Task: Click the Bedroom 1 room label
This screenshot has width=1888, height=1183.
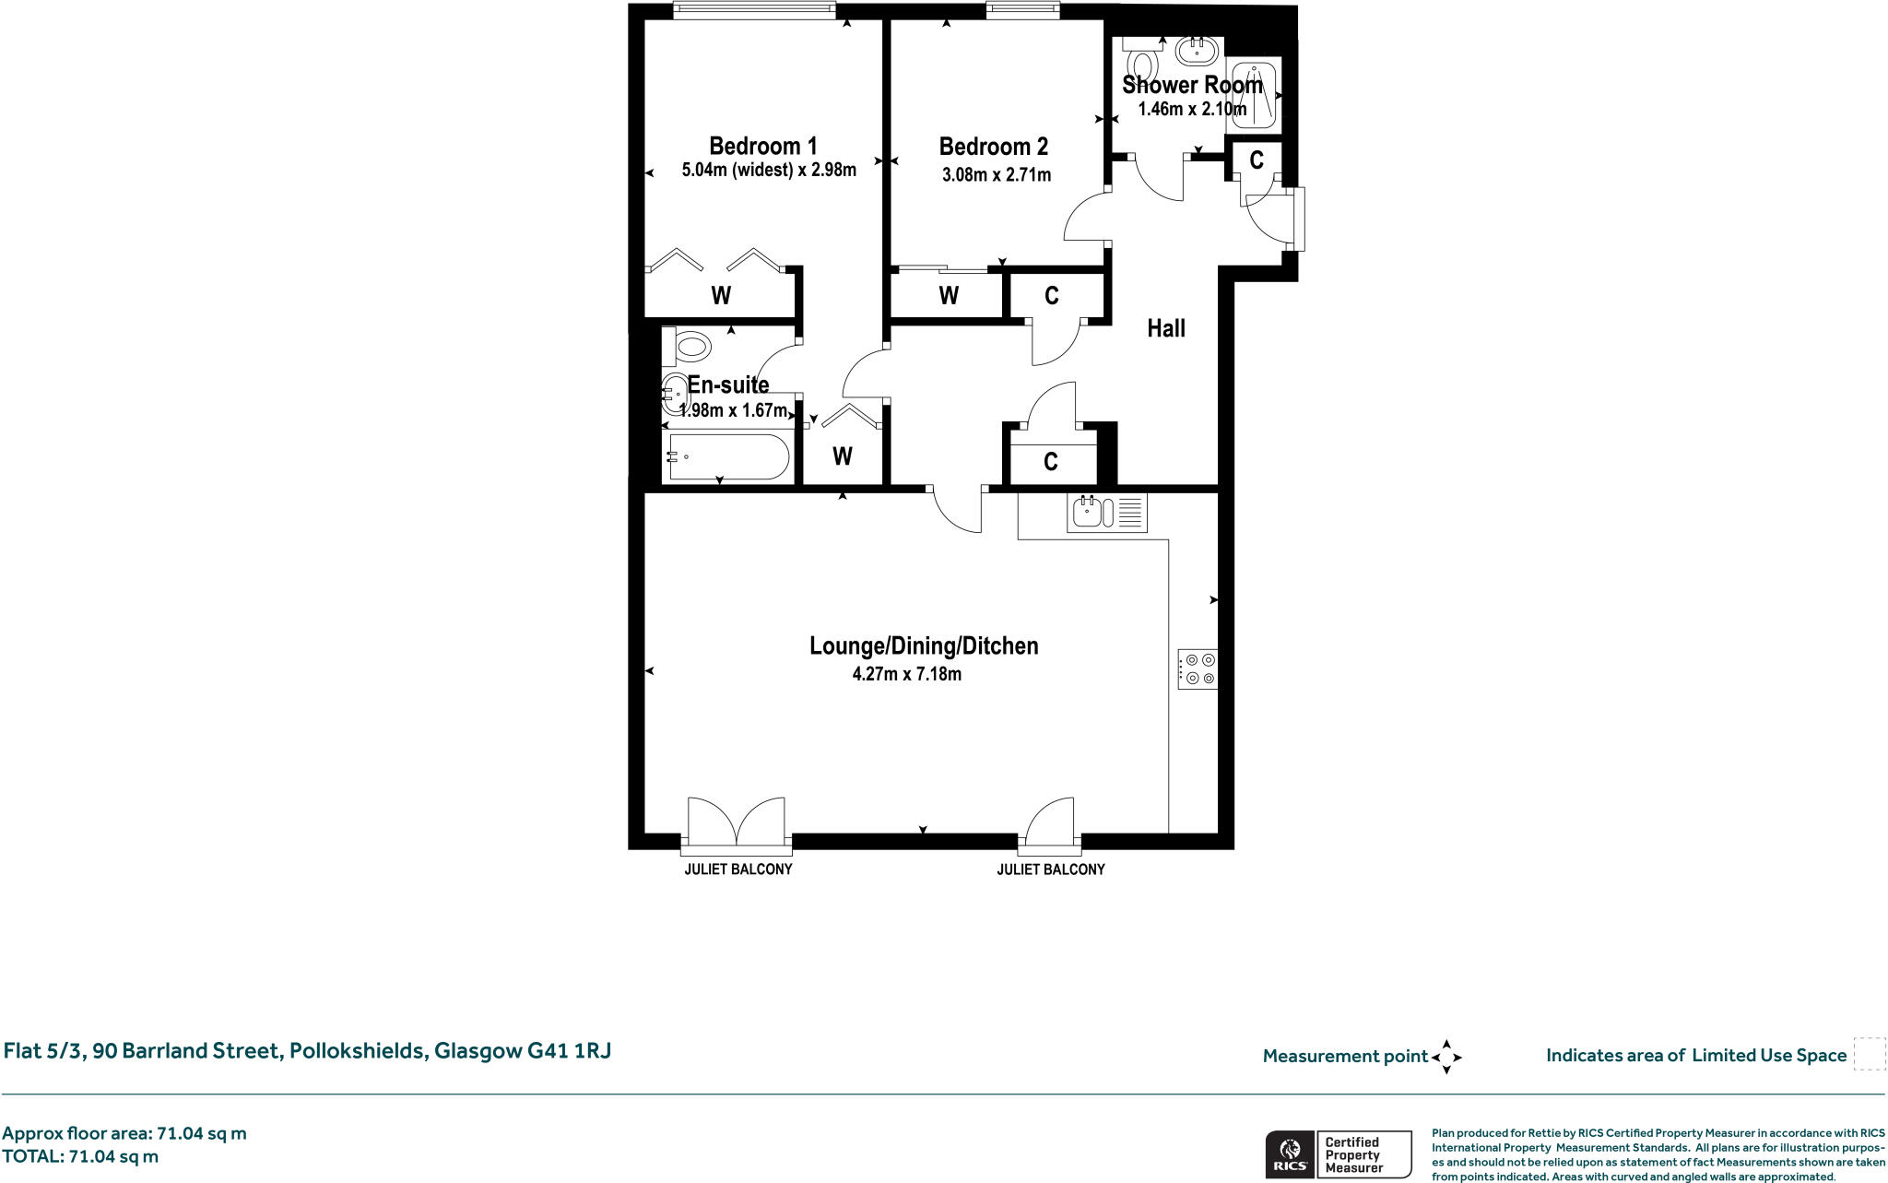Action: (762, 146)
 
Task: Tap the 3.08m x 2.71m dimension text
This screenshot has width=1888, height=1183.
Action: (996, 174)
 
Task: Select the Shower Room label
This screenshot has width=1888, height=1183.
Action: (1191, 85)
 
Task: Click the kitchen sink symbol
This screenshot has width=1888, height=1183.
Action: (1106, 512)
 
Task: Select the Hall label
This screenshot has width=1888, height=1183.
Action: (1165, 328)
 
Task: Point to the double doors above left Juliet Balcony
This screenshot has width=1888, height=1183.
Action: (737, 821)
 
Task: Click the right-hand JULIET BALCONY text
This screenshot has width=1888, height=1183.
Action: (1050, 870)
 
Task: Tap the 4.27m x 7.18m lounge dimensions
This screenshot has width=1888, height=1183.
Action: (906, 674)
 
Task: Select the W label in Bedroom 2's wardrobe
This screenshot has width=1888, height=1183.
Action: (949, 296)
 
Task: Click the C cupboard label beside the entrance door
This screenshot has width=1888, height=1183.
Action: (1256, 160)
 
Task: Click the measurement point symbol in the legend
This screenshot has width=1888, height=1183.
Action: (1445, 1057)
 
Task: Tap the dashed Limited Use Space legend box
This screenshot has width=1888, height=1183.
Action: (1869, 1054)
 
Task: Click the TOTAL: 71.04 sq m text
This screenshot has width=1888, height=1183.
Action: (80, 1156)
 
